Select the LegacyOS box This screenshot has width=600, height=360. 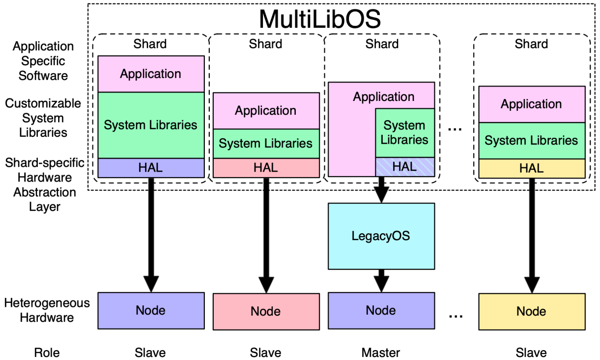point(381,236)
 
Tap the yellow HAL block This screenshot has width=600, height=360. point(531,168)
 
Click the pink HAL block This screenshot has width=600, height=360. point(266,168)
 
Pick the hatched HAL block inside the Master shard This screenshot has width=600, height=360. point(405,167)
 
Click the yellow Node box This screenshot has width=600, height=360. point(531,311)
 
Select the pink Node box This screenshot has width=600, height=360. point(266,311)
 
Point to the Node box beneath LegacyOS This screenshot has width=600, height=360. point(381,311)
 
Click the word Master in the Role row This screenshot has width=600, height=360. point(381,353)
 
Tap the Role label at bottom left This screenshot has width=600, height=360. point(47,353)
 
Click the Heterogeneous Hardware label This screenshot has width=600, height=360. point(47,310)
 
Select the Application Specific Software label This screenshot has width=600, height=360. point(43,61)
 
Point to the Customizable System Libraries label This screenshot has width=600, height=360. point(43,118)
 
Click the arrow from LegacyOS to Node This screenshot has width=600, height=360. point(381,280)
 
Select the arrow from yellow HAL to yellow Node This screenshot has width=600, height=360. point(531,234)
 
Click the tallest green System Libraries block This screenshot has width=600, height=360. point(151,125)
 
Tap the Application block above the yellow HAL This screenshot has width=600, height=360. point(531,104)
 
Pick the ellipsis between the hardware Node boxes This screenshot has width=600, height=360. point(456,315)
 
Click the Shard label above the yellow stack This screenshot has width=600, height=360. point(531,44)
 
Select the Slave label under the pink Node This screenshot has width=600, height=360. point(266,353)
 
